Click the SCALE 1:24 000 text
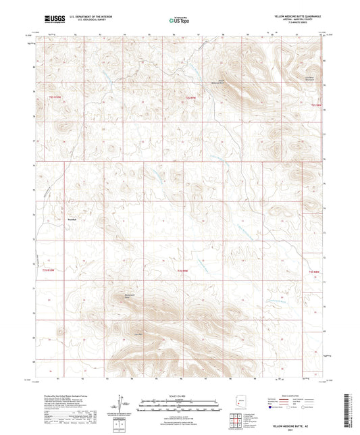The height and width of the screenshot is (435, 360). [x=179, y=396]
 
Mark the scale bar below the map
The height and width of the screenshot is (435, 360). [x=179, y=403]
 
